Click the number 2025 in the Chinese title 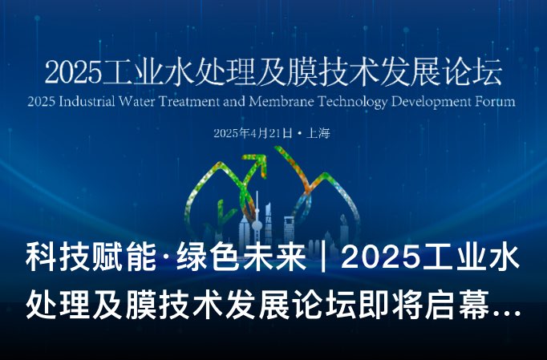coord(72,72)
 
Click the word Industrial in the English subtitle coord(92,103)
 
